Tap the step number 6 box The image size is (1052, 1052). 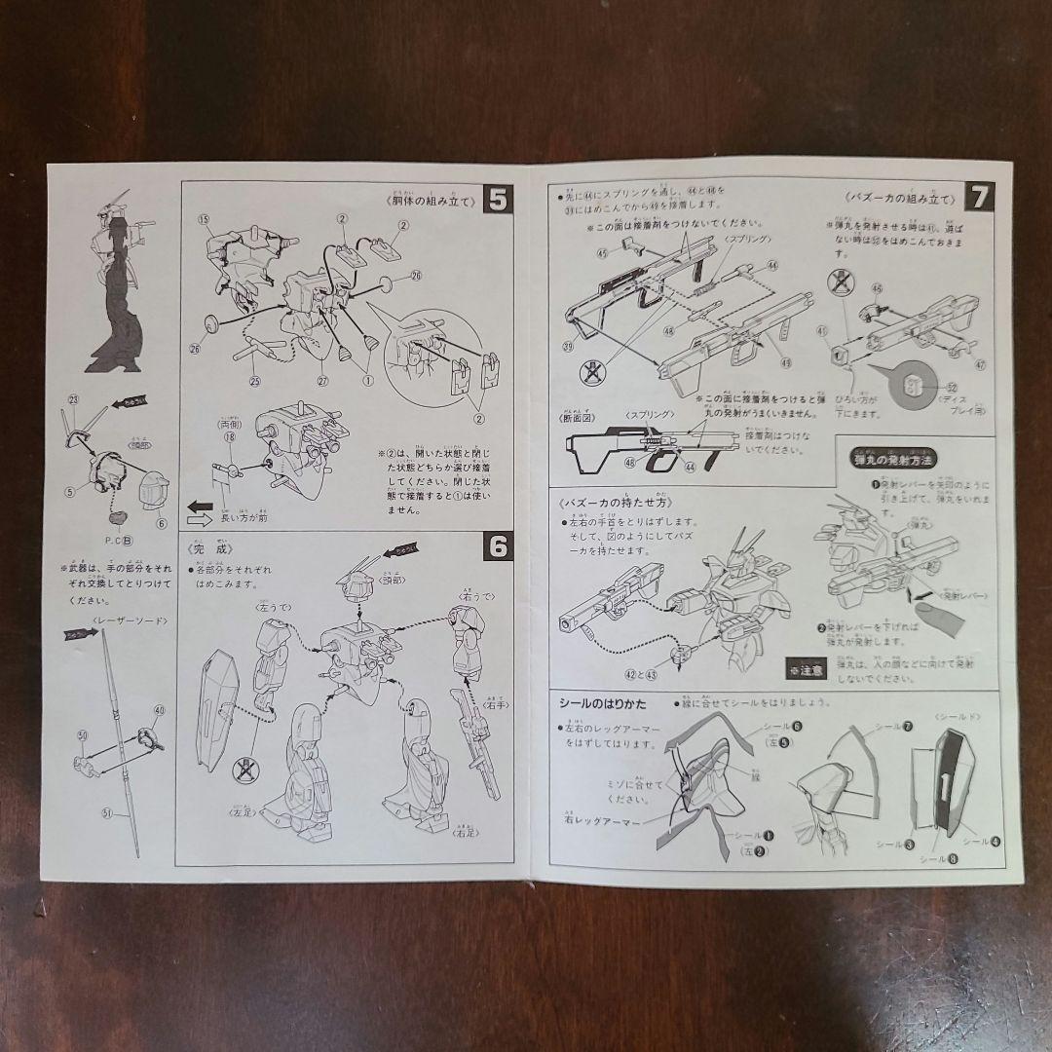[497, 549]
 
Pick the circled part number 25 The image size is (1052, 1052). [256, 380]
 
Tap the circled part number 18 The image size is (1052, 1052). [230, 438]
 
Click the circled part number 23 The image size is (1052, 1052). [72, 400]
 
